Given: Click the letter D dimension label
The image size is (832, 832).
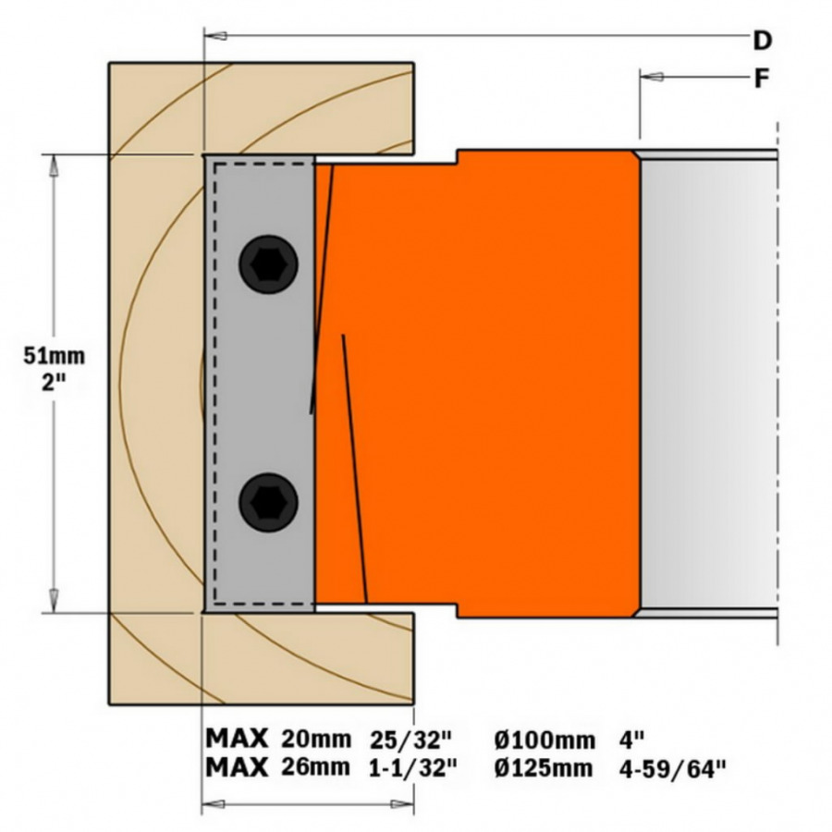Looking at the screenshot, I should click(762, 40).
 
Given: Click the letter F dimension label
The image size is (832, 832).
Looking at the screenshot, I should click(761, 79).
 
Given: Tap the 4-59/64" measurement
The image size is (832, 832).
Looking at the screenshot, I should click(672, 766).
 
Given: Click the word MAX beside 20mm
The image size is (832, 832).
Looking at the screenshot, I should click(237, 739).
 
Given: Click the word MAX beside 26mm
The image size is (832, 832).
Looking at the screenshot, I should click(237, 766).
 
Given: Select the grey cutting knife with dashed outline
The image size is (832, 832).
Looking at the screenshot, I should click(261, 384).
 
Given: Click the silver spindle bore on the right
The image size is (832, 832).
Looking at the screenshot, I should click(707, 384).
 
